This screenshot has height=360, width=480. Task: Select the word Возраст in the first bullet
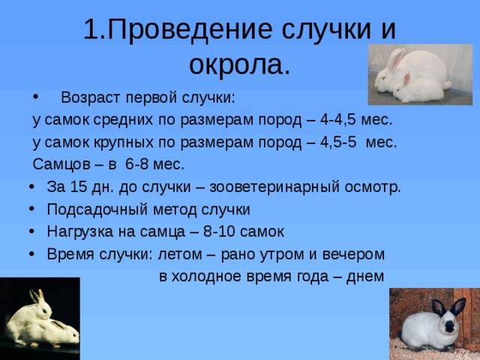coord(92,97)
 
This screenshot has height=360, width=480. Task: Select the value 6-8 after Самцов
coord(139,164)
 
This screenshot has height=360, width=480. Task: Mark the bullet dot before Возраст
coord(37,97)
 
